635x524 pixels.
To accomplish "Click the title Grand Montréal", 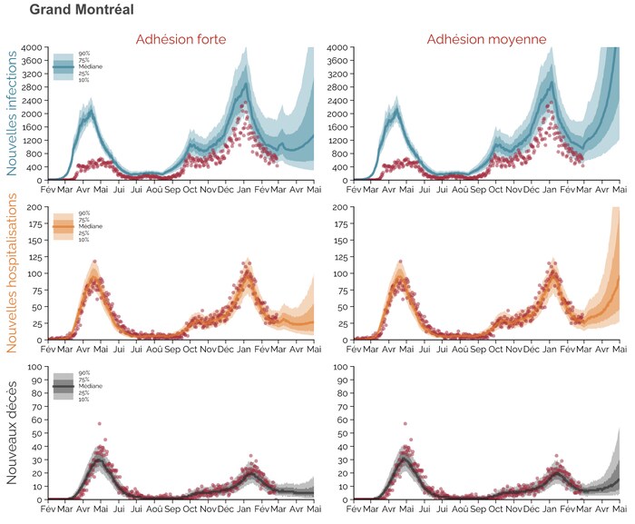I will [x=82, y=11].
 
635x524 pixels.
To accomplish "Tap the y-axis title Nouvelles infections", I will [x=13, y=114].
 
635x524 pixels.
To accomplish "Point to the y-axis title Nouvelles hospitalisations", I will [x=13, y=272].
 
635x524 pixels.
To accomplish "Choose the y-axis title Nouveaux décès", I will [x=13, y=433].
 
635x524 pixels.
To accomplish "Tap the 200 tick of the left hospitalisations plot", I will [x=35, y=207].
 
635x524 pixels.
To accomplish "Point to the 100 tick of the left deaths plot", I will [x=35, y=367].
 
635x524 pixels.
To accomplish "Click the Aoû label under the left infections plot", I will [x=153, y=191].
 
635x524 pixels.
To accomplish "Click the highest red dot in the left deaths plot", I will [x=99, y=423].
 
